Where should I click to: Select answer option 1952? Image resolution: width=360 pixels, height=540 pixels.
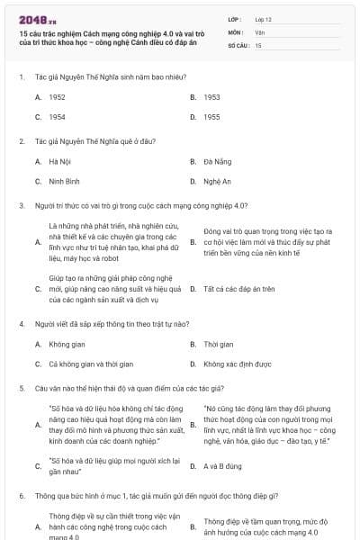[57, 96]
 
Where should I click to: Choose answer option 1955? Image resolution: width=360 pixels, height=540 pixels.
[211, 117]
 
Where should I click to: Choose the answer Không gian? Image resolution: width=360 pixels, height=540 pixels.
[66, 344]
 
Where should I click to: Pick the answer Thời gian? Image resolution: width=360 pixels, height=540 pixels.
[218, 344]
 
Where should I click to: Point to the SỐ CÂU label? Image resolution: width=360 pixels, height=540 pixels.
[238, 45]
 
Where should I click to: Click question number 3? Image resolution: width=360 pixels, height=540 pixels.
[21, 205]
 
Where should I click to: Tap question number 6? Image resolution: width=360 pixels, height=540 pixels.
[21, 495]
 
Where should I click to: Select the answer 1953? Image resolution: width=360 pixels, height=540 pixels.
[211, 96]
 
